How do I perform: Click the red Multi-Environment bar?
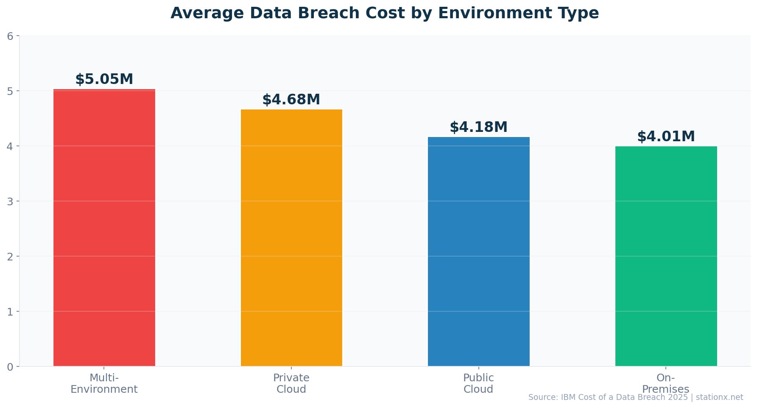pyautogui.click(x=104, y=227)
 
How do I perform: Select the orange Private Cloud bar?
pyautogui.click(x=291, y=238)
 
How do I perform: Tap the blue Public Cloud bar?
pyautogui.click(x=478, y=251)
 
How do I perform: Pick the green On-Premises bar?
pyautogui.click(x=666, y=256)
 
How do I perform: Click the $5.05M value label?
pyautogui.click(x=104, y=79)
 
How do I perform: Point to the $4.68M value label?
pyautogui.click(x=291, y=100)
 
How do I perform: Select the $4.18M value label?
pyautogui.click(x=478, y=127)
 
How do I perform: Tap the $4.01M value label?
pyautogui.click(x=666, y=137)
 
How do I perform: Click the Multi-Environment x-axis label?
pyautogui.click(x=104, y=383)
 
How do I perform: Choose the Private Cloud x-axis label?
pyautogui.click(x=291, y=383)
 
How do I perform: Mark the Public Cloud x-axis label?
pyautogui.click(x=478, y=383)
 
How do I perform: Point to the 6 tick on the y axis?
pyautogui.click(x=10, y=36)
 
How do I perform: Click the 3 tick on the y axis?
pyautogui.click(x=10, y=201)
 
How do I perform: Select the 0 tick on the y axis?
pyautogui.click(x=10, y=367)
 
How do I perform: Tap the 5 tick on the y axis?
pyautogui.click(x=10, y=91)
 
